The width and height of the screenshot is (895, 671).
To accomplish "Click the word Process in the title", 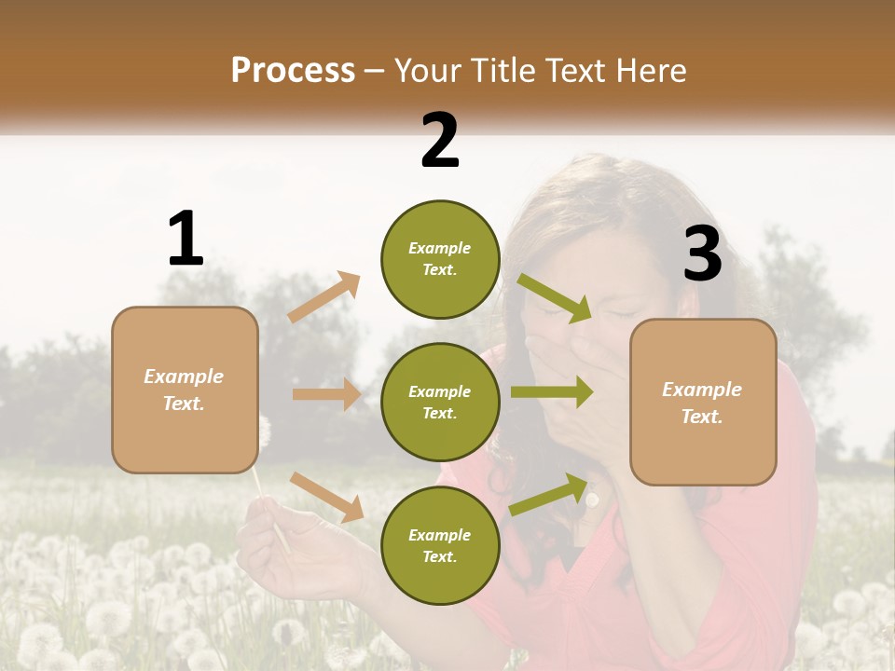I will coord(293,70).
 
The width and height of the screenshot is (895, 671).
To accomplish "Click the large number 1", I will coord(186,239).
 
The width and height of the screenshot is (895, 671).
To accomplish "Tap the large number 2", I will coord(440,140).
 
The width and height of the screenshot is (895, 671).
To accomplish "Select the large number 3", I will coord(702,254).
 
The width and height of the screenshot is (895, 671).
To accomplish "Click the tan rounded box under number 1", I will coord(185,390).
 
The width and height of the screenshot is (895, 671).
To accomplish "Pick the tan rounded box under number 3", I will coord(703,402).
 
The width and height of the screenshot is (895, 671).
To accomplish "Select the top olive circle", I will coord(440,259).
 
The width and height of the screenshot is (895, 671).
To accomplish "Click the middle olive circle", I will coord(440,402).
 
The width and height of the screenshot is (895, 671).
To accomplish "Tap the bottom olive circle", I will coord(440,545).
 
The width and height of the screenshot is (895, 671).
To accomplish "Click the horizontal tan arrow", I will coord(326,394).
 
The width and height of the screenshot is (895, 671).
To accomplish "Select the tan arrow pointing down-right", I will coord(327,497).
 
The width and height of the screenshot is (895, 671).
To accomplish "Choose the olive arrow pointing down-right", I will coord(554,297).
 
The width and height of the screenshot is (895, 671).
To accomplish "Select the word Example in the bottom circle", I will coord(440,535).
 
